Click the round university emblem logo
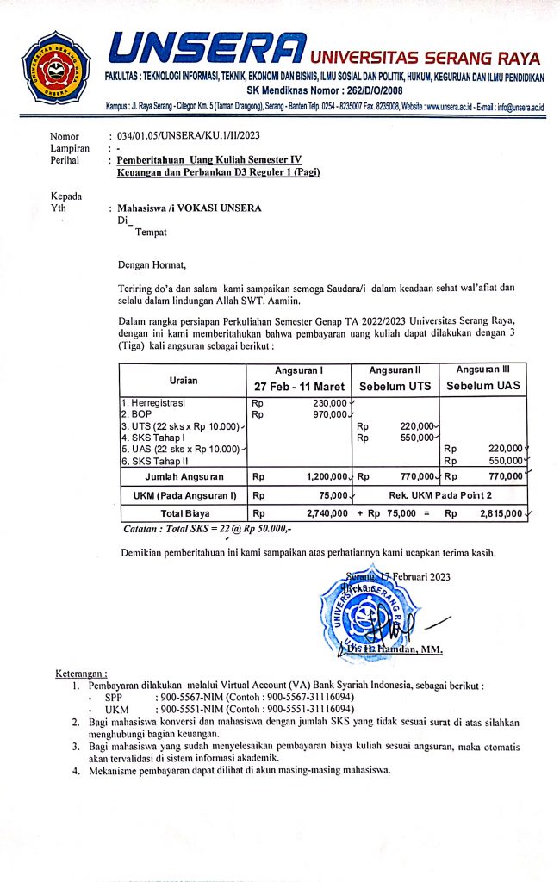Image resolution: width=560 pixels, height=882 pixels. click(56, 67)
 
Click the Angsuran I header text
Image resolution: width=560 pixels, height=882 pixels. click(298, 370)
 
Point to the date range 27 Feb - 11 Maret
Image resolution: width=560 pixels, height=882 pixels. click(298, 386)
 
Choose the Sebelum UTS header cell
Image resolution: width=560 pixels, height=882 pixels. click(395, 386)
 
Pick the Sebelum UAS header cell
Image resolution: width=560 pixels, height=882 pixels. click(482, 386)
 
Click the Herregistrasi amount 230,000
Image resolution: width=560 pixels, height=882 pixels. click(327, 402)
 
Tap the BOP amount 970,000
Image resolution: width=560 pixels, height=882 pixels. click(327, 414)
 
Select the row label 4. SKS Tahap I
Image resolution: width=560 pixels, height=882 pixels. click(154, 438)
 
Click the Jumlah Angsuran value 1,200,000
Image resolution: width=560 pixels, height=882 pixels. click(327, 475)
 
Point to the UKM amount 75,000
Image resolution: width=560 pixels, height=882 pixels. click(333, 495)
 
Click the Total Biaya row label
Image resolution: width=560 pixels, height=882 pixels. click(183, 512)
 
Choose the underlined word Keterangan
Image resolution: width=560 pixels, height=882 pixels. click(81, 673)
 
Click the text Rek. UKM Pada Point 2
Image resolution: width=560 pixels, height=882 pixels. click(439, 495)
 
